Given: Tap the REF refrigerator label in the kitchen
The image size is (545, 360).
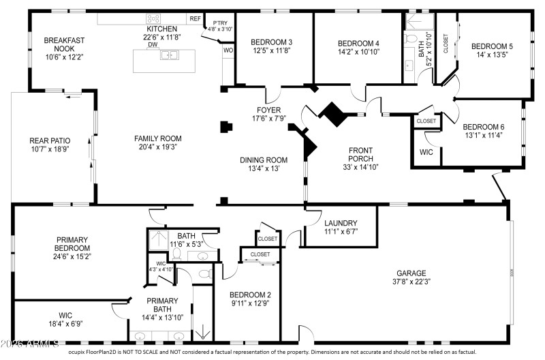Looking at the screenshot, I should (x=195, y=19).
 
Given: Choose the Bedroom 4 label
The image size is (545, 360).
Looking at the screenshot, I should (x=358, y=43).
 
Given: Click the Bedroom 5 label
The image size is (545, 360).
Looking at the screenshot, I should (x=492, y=46).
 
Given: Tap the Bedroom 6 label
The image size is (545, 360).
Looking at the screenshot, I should (x=483, y=127).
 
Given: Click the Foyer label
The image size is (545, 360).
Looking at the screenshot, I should (x=268, y=109).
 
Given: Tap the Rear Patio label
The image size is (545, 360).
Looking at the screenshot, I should (x=50, y=140).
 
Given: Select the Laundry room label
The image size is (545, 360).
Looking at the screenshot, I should (x=341, y=223).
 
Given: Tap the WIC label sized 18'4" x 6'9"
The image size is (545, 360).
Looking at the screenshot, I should (x=65, y=315).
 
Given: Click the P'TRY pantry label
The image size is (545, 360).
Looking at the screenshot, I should (x=220, y=22).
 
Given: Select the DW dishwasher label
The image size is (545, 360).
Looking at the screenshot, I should (x=153, y=45).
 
